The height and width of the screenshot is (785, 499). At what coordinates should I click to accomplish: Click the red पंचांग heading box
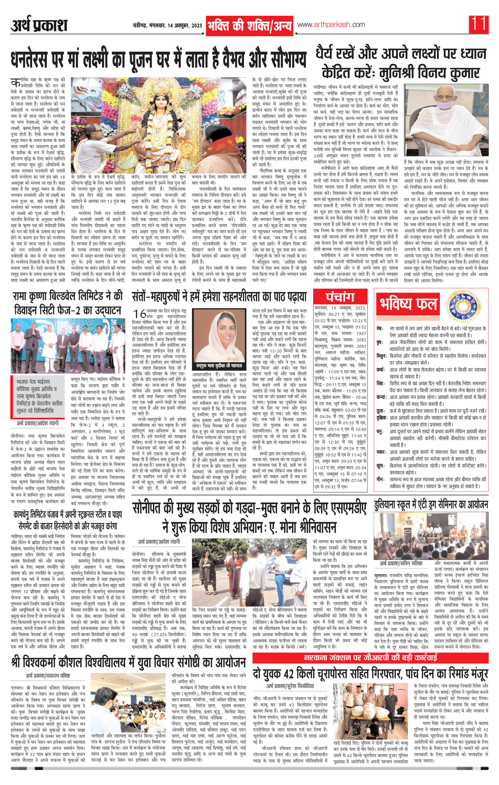[x=340, y=297]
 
